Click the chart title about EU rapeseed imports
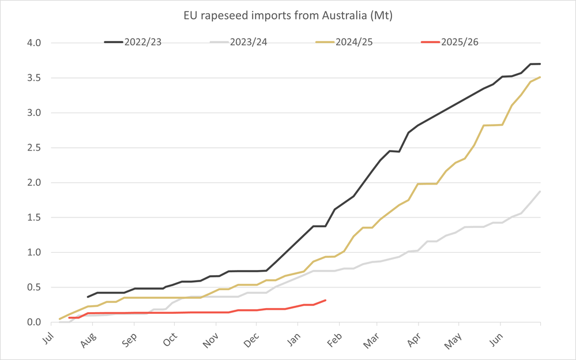click(x=288, y=16)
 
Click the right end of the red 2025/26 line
click(x=326, y=300)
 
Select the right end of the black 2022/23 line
click(x=540, y=63)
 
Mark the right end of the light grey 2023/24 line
click(x=540, y=192)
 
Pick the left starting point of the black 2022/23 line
click(x=88, y=297)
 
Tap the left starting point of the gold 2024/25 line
click(x=59, y=319)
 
